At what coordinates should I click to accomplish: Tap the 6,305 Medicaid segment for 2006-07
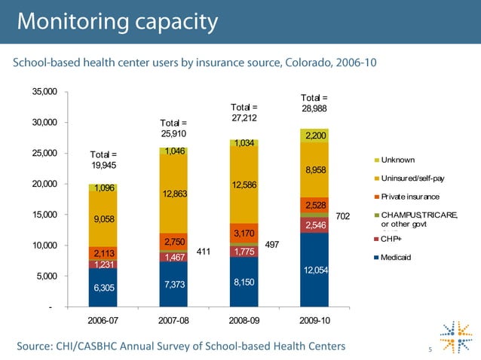[103, 287]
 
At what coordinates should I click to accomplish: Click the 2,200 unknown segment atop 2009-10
[314, 136]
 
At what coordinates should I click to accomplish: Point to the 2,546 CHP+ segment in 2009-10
[314, 224]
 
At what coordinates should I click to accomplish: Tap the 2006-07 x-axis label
[103, 320]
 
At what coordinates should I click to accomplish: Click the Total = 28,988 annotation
[314, 103]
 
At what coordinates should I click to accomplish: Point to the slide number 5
[427, 348]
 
